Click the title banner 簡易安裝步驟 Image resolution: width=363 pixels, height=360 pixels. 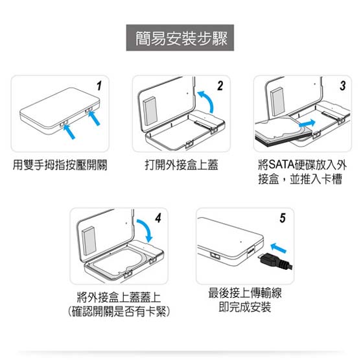(180, 38)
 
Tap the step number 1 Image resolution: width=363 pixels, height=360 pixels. (99, 86)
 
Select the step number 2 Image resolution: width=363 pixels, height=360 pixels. (220, 86)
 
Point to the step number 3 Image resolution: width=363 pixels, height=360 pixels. (343, 86)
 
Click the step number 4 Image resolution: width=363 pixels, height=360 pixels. (158, 218)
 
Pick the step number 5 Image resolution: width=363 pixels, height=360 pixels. (283, 218)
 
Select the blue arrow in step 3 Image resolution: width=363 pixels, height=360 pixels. (307, 123)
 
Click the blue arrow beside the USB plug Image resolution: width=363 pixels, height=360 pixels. (279, 247)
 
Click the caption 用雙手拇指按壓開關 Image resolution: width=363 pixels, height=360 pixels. (60, 165)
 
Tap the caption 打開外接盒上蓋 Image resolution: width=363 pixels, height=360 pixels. (181, 165)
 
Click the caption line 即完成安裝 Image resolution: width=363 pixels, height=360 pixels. (245, 307)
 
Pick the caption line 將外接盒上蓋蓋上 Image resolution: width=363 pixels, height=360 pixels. (119, 297)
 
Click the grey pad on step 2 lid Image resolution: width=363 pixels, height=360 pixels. (150, 112)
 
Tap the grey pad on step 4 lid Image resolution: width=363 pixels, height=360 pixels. (89, 241)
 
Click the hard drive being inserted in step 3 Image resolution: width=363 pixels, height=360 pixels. (284, 132)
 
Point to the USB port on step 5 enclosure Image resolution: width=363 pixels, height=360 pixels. (251, 251)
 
